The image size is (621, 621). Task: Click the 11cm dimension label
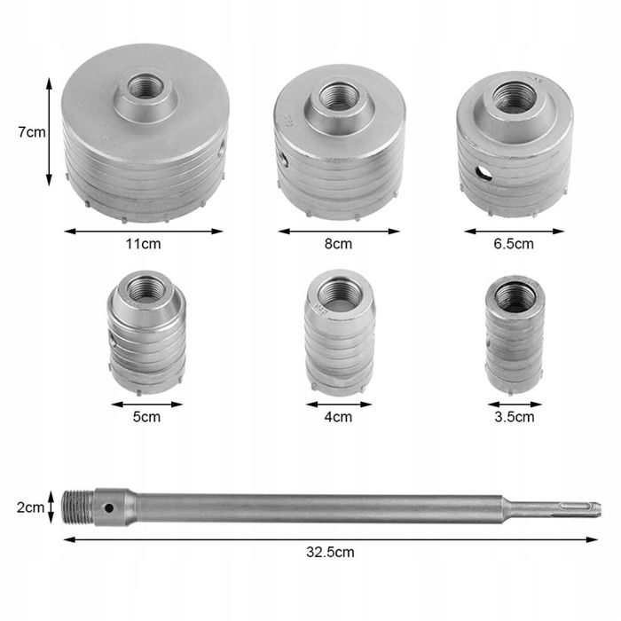144,244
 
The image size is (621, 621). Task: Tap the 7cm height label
32,132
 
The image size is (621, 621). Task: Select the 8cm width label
338,244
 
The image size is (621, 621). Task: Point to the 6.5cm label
514,244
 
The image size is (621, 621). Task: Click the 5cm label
146,417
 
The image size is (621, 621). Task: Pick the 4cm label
338,417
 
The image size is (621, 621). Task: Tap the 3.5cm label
514,417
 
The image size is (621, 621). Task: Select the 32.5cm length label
330,552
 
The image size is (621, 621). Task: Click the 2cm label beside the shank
30,507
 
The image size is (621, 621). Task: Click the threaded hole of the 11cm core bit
145,86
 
